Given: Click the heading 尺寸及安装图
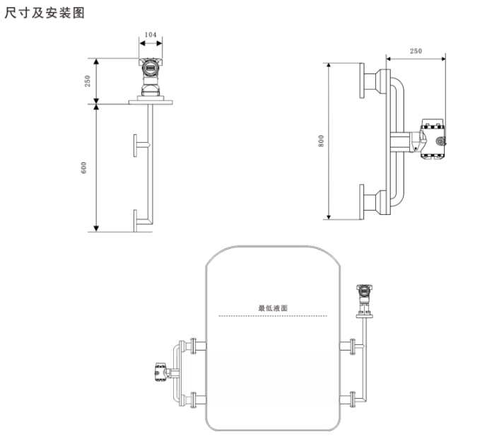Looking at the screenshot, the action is [x=45, y=13].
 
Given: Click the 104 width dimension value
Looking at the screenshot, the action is [x=151, y=35].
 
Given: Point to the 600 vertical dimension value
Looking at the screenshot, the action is [x=83, y=168].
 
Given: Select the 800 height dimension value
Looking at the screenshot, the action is [x=321, y=141].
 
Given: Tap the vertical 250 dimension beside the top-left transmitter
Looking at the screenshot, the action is [x=88, y=81].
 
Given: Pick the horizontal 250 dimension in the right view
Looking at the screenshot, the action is [x=416, y=51].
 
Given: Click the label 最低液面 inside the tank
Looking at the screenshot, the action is [x=273, y=308].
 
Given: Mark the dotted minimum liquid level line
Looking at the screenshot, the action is [x=273, y=316].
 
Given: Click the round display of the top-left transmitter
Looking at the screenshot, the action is [x=150, y=68].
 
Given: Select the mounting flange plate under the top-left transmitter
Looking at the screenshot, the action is [x=151, y=103].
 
